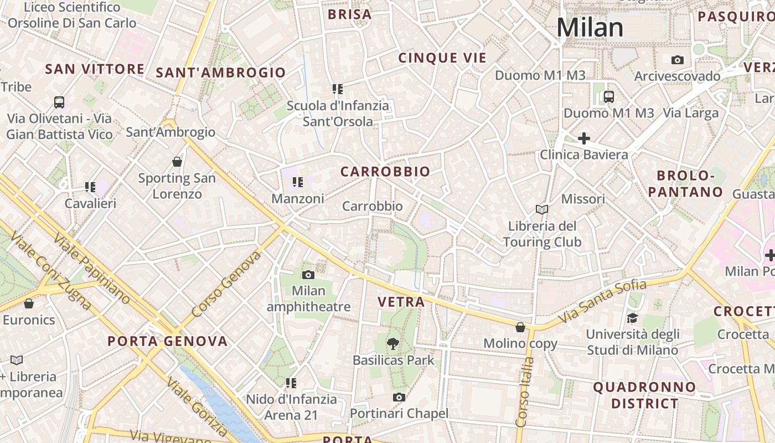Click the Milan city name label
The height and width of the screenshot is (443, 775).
point(590,28)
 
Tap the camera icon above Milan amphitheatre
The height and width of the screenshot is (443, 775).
point(308,275)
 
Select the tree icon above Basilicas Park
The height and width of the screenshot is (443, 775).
point(393,344)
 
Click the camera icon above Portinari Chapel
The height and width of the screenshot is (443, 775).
point(399,397)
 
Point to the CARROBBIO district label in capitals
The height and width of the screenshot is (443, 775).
point(385,172)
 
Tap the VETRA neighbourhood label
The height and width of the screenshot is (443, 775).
point(401,302)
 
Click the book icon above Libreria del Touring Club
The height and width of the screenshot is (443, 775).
point(542,209)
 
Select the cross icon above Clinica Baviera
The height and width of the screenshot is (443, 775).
point(583,138)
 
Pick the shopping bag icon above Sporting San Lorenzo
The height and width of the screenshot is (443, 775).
point(177,162)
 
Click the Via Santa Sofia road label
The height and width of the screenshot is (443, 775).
point(603,302)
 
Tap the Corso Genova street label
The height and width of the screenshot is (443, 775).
point(225,285)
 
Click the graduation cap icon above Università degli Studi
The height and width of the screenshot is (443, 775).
point(632,318)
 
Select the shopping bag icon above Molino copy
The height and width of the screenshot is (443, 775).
point(520,327)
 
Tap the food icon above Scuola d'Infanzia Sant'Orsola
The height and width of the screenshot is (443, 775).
point(338,89)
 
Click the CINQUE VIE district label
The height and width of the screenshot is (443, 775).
point(442,58)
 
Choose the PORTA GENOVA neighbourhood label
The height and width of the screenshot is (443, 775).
point(168,341)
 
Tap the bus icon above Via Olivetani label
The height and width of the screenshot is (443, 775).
point(59,102)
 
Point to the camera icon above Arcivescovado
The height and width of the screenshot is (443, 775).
point(677,60)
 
